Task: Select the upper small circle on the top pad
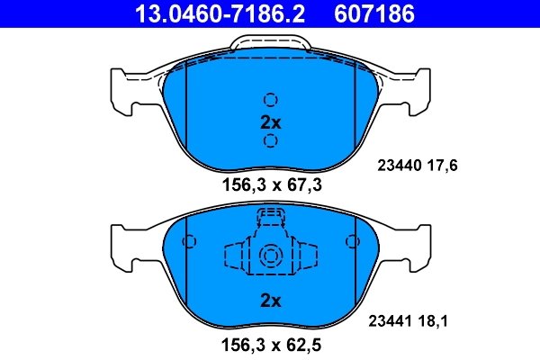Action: (x=270, y=100)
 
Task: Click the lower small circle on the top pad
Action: (x=270, y=141)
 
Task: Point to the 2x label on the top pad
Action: (x=270, y=121)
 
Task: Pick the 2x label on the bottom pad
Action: (x=270, y=300)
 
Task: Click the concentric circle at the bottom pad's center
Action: (x=270, y=257)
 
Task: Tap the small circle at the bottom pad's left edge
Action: (x=189, y=241)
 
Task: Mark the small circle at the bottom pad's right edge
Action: (x=352, y=241)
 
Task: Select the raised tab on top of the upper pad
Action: (x=270, y=43)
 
